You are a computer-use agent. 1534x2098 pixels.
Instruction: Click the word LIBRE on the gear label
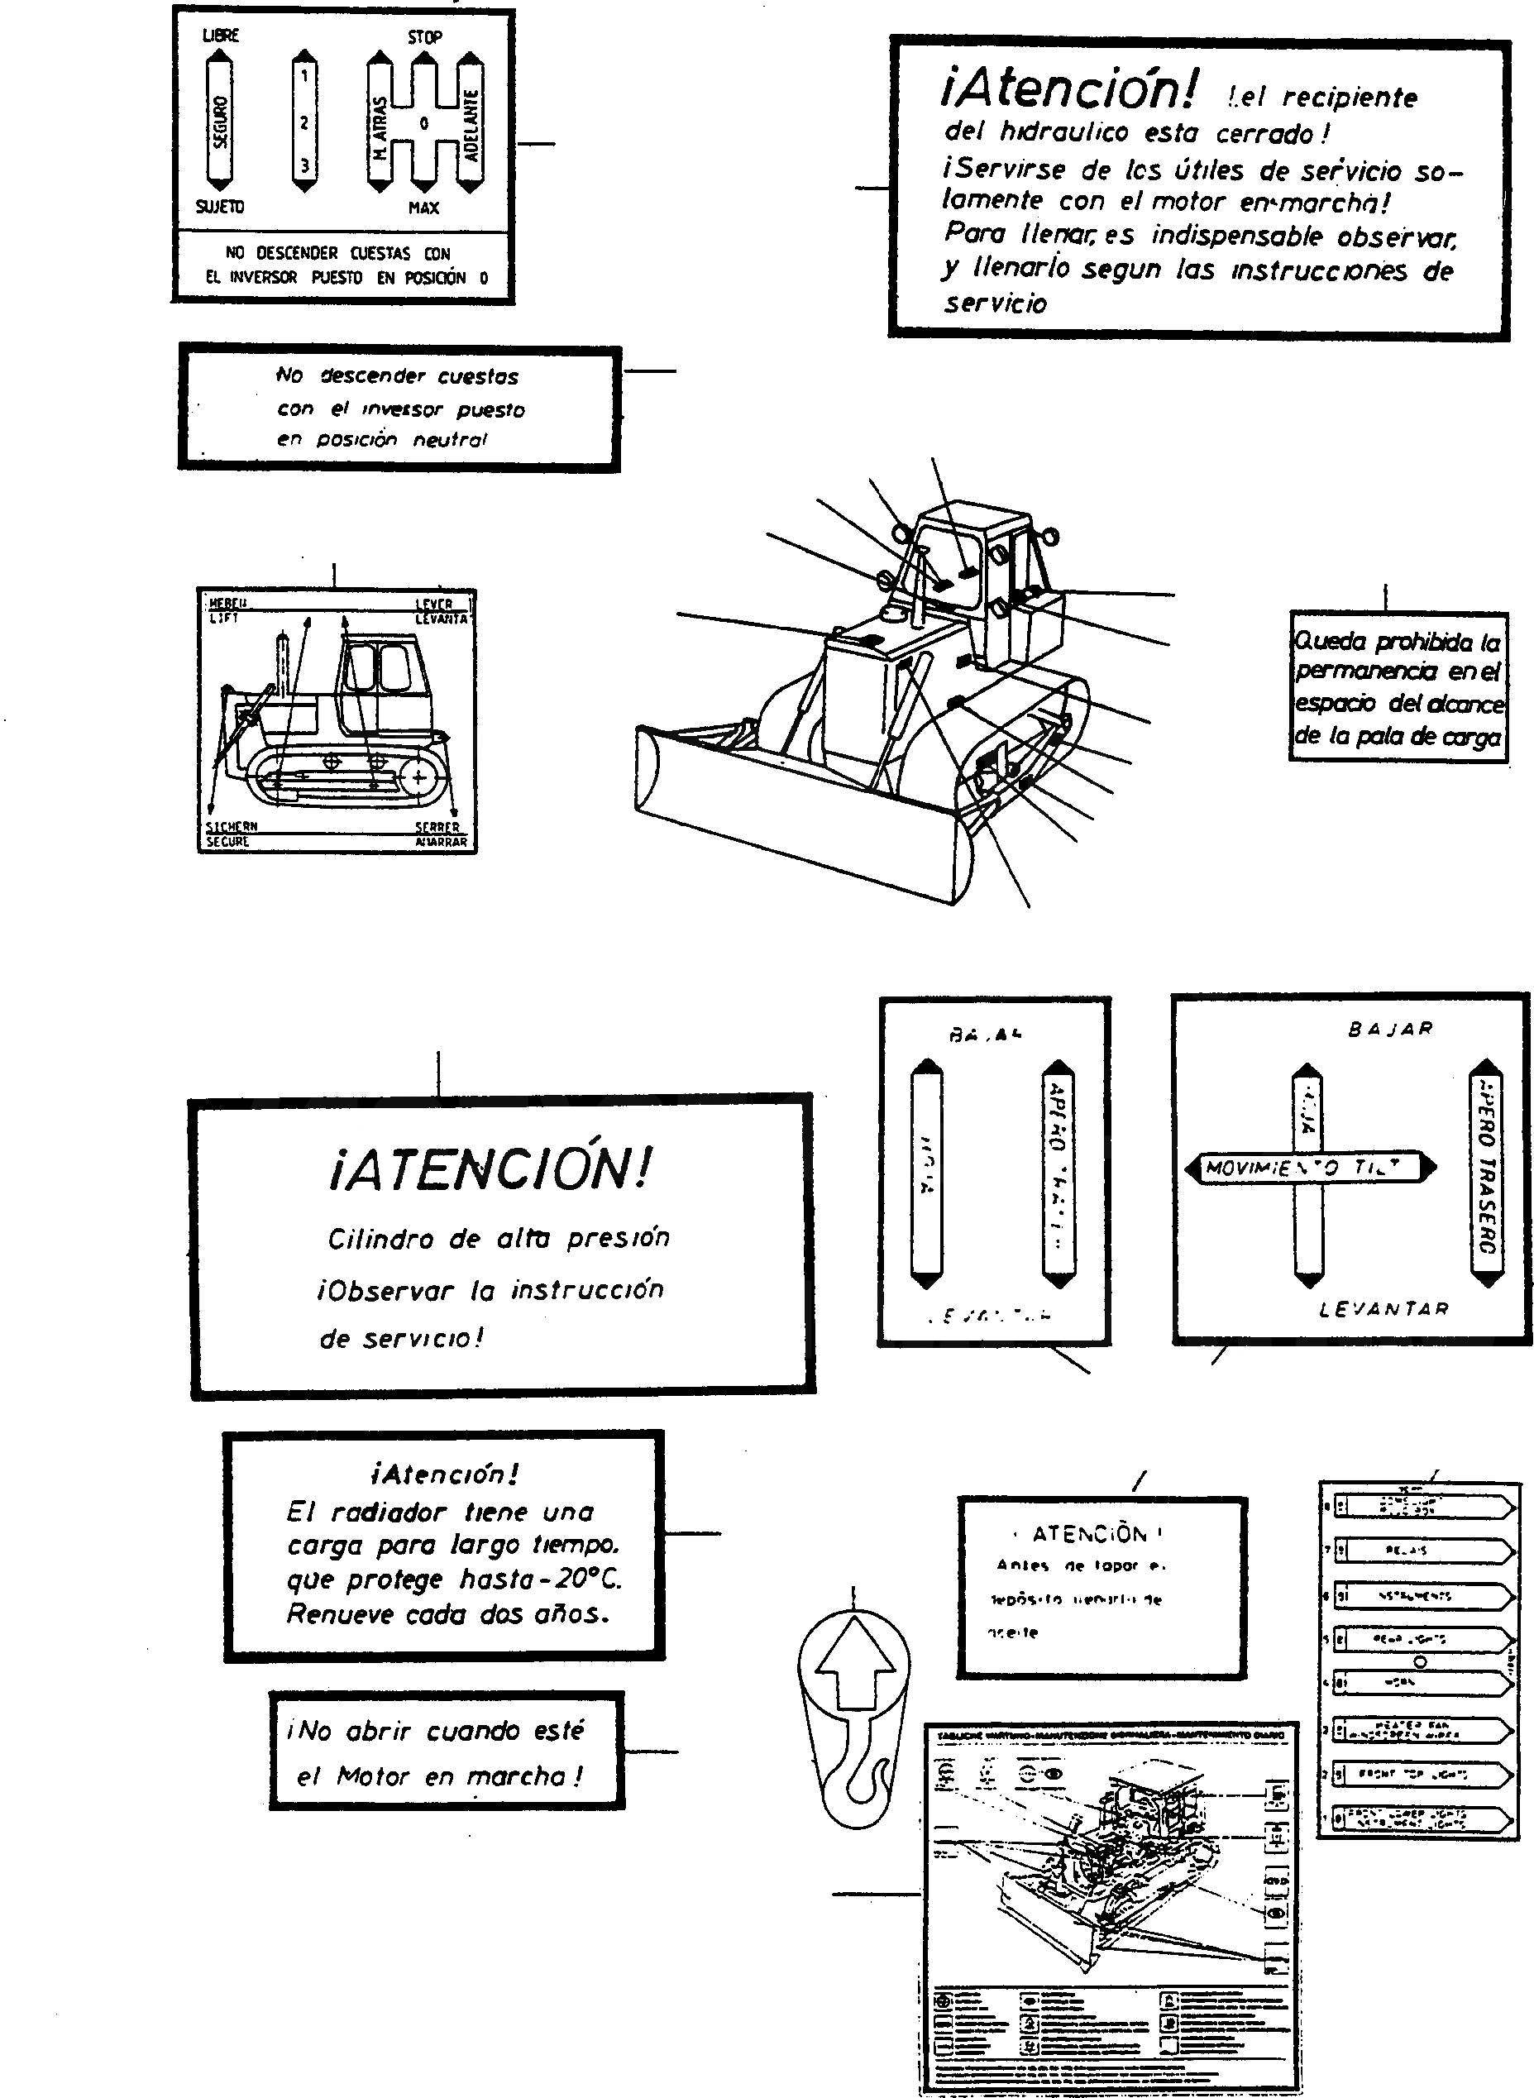(x=221, y=36)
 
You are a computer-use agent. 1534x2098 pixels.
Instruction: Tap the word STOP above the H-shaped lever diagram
(x=424, y=37)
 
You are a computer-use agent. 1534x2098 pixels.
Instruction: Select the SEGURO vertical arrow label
(x=220, y=122)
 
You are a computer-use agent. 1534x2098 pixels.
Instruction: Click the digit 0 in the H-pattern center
(x=423, y=122)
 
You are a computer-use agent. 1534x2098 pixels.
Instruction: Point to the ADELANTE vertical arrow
(x=471, y=123)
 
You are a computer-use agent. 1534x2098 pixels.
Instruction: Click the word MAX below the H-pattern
(x=423, y=208)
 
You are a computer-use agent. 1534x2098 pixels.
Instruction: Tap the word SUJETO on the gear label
(x=220, y=206)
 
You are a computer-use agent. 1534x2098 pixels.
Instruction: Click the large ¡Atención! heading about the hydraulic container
(x=1068, y=89)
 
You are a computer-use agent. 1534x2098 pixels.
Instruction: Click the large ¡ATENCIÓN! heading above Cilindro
(x=490, y=1168)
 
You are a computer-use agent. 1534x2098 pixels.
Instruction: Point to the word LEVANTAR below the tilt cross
(x=1383, y=1310)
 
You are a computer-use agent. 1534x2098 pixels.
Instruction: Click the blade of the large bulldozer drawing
(x=799, y=817)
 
